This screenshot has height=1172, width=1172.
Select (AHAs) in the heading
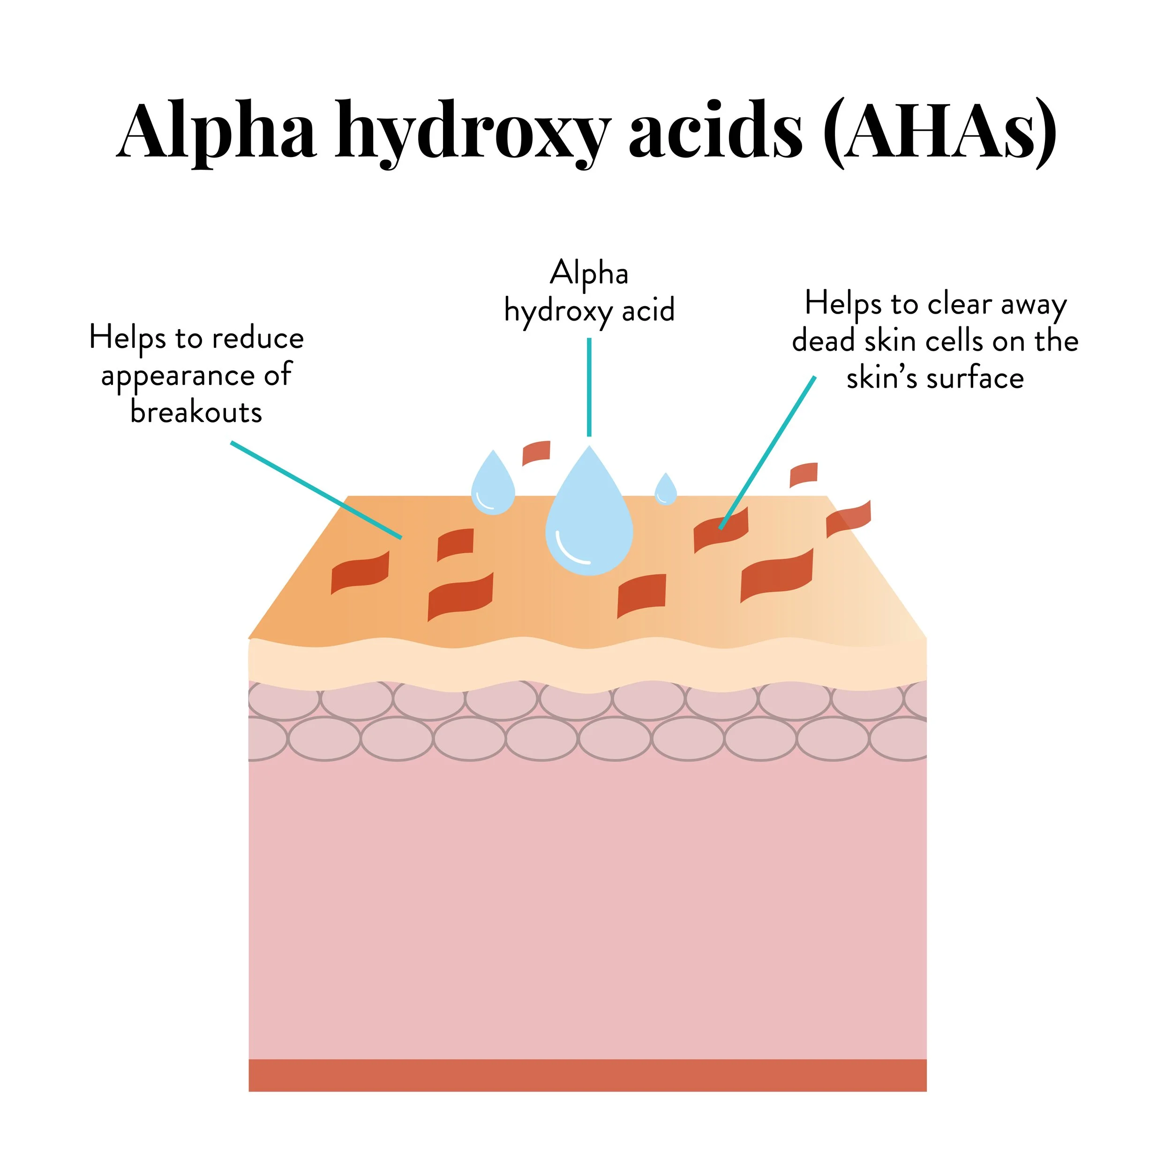click(939, 132)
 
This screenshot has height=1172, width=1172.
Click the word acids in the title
click(715, 130)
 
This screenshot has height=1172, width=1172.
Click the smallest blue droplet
click(666, 491)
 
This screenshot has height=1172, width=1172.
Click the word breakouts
click(196, 413)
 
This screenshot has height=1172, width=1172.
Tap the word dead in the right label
click(824, 341)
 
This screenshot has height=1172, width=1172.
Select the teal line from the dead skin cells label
click(767, 452)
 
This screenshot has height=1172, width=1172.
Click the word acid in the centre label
click(648, 311)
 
